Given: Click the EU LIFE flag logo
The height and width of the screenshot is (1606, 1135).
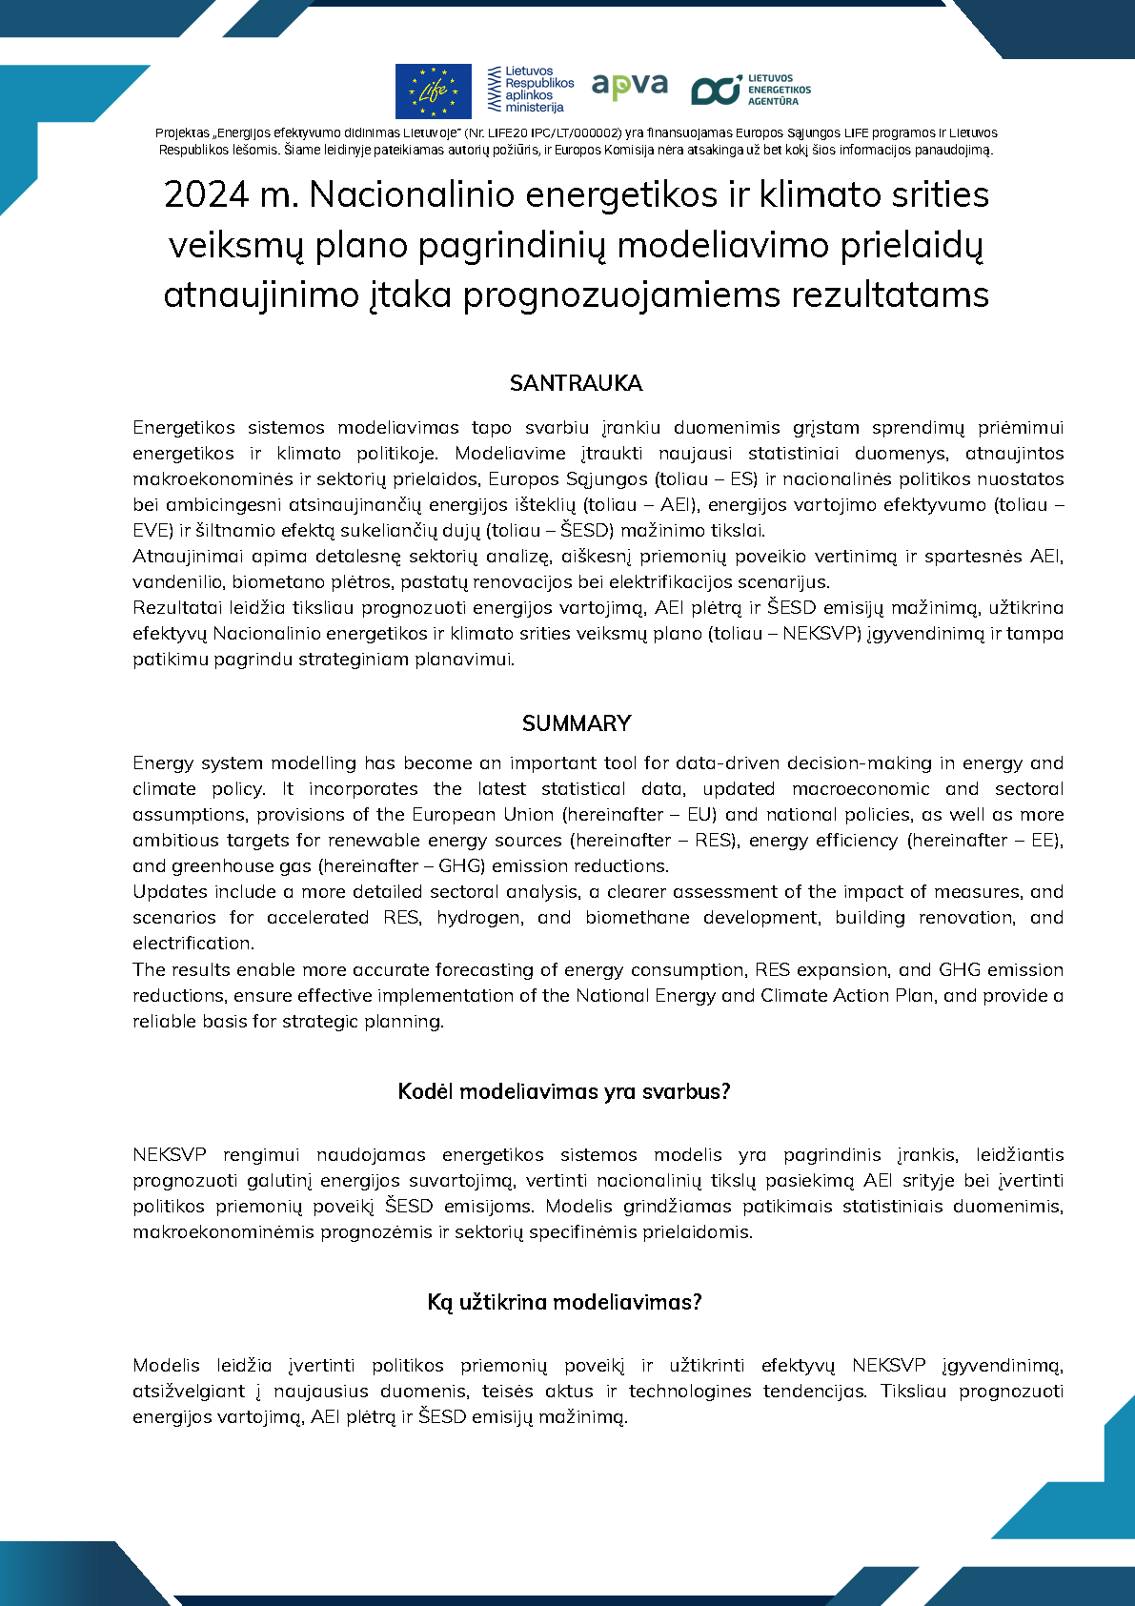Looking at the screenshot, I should [433, 91].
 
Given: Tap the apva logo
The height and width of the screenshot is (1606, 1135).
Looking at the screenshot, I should [629, 86].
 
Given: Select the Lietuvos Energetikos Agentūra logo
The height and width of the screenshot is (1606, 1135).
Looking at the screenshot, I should [751, 90].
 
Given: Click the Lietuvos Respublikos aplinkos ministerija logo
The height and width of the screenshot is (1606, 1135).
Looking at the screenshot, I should [531, 90].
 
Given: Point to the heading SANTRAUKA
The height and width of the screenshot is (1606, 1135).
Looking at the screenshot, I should [576, 383].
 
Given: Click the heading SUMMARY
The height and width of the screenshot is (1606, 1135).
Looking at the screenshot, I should [576, 723].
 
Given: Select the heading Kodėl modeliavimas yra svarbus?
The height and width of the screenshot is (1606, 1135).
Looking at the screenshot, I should [564, 1091].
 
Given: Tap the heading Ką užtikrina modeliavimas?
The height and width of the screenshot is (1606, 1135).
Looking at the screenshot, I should [564, 1302].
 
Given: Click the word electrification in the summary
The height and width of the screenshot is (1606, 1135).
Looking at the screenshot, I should [193, 944].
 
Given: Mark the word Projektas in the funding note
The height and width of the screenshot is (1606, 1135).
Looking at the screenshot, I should [181, 133].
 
